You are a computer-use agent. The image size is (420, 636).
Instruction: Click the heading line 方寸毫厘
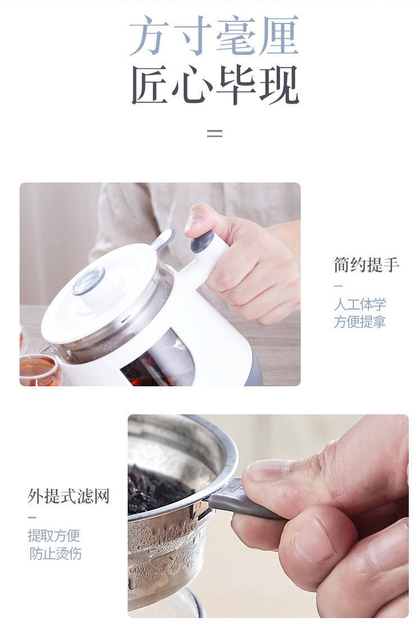point(214,35)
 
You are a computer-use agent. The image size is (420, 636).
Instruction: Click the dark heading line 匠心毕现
point(215,85)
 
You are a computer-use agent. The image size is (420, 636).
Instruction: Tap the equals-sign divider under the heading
point(214,133)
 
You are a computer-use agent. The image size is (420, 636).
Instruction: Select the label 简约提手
point(366,265)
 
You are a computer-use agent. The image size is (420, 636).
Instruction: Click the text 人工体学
point(360,304)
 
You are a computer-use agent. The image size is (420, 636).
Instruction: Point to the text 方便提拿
point(360,322)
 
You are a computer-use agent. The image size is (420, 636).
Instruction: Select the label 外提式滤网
point(68,496)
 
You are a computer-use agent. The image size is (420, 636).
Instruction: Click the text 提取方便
point(54,535)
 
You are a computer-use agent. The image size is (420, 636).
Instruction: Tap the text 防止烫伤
point(55,553)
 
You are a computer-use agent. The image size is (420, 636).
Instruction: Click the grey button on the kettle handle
point(203,242)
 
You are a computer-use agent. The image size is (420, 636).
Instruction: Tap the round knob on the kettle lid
point(89,280)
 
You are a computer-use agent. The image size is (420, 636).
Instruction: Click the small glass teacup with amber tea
point(39,370)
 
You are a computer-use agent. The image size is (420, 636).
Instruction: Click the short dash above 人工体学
point(338,286)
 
